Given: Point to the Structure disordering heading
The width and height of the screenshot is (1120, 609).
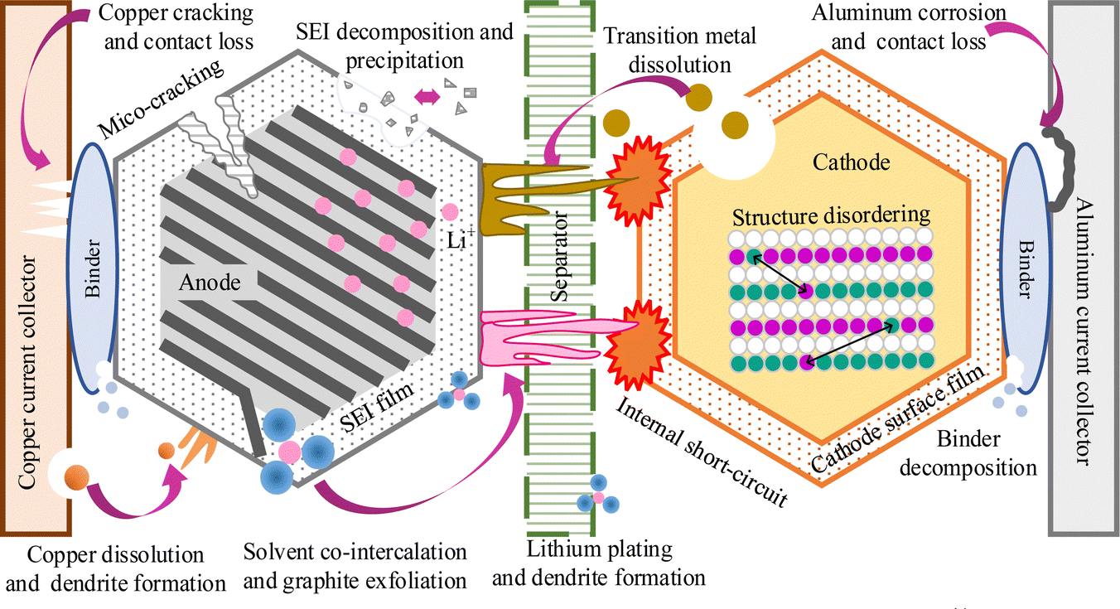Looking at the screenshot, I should click(831, 215).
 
